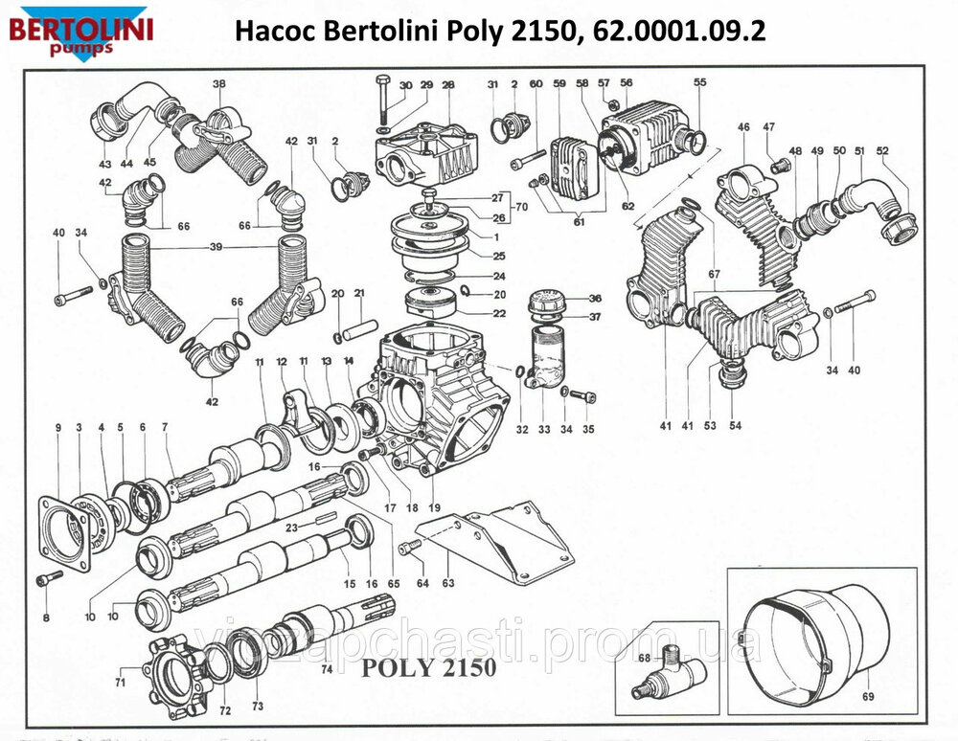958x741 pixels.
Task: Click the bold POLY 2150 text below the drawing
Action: pos(428,667)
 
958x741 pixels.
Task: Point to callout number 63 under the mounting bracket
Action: pos(448,582)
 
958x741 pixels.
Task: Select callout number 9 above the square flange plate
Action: pos(57,427)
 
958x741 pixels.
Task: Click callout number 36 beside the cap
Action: pos(594,298)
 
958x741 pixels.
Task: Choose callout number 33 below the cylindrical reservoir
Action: pos(544,429)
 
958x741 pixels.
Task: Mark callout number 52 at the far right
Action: pos(882,150)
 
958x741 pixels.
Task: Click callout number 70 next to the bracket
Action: pos(521,206)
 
